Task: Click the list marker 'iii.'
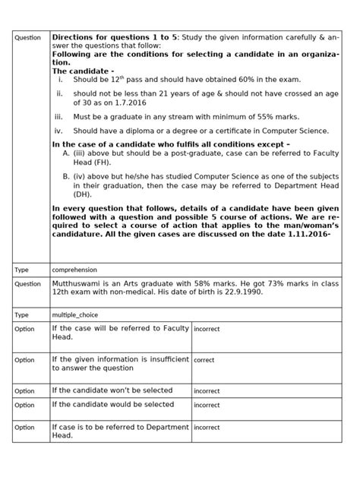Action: coord(60,116)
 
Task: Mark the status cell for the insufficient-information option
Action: coord(204,361)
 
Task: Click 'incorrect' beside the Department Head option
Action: coord(207,428)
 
